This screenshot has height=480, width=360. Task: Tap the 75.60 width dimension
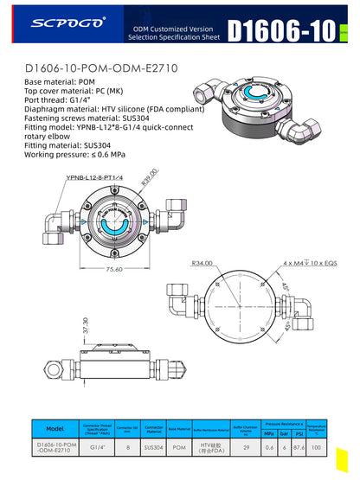112,269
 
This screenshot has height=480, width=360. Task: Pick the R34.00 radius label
202,264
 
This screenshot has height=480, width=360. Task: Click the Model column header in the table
54,427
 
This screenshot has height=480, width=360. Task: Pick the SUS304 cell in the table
154,447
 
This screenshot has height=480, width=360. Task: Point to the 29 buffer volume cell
247,447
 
